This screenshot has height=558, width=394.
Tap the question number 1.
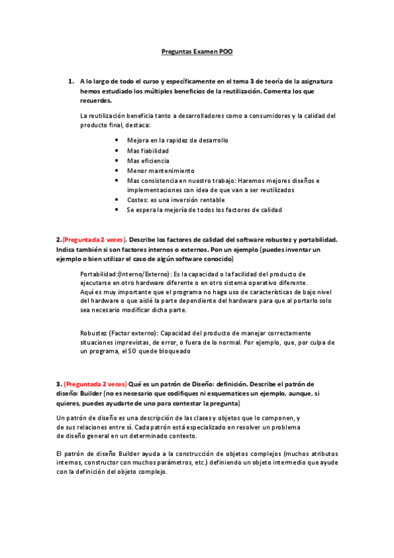[70, 82]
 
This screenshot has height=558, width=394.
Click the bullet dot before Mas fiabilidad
[116, 151]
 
